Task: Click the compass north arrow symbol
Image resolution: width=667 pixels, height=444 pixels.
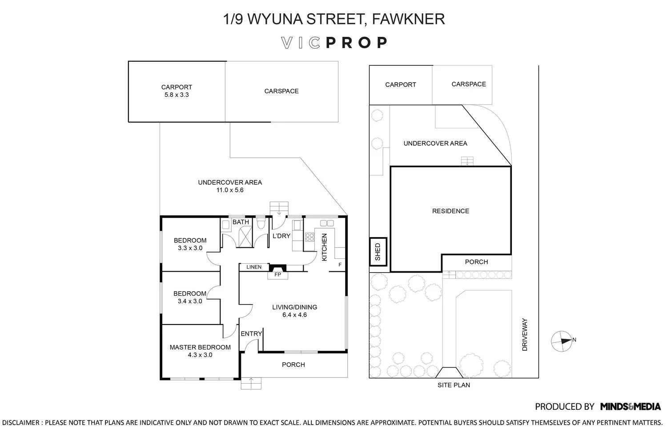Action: (562, 341)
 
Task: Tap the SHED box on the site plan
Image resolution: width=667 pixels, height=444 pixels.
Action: (378, 252)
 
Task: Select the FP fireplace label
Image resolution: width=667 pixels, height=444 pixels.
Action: (277, 274)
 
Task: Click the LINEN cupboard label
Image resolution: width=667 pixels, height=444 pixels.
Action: (254, 267)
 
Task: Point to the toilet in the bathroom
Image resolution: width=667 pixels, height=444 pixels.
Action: (261, 224)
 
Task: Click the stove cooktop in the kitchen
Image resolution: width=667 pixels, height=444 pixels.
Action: (309, 237)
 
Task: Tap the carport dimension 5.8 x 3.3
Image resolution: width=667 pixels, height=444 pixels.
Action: (177, 95)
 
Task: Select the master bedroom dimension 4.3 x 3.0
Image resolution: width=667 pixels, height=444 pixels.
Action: (200, 355)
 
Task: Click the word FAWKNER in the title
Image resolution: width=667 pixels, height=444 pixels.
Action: (408, 19)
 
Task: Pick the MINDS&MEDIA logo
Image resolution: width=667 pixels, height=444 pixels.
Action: (631, 407)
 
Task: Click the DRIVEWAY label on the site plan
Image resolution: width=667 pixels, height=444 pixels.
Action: (525, 335)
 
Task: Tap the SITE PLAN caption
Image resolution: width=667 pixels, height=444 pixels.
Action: (454, 385)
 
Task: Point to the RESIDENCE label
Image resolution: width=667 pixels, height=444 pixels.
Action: (450, 211)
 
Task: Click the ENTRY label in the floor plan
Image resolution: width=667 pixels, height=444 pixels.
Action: (251, 334)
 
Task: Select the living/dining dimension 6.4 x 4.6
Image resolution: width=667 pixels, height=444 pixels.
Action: (294, 315)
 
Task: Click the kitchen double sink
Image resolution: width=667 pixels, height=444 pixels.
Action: (327, 223)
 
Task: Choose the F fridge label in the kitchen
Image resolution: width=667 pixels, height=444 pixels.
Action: (340, 264)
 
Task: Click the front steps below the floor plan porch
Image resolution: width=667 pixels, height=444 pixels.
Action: (251, 383)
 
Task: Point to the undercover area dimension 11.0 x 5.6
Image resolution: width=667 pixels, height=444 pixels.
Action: (230, 190)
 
